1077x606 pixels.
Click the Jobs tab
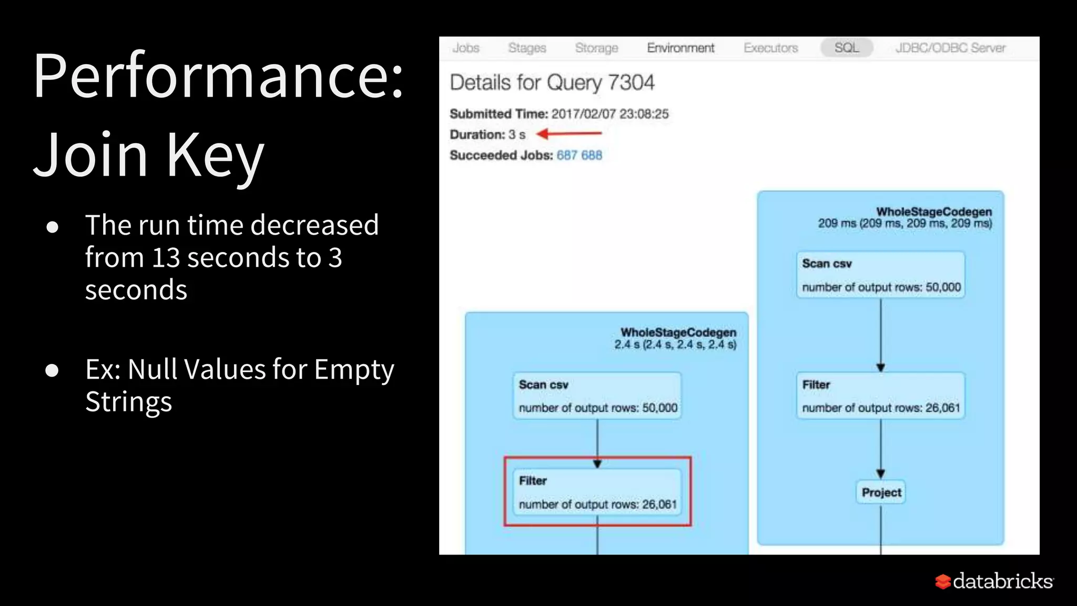coord(465,48)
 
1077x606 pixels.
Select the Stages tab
coord(527,48)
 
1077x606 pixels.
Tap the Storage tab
coord(596,48)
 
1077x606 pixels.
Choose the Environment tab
coord(680,48)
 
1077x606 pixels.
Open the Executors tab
coord(770,48)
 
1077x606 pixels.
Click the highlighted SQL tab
coord(847,48)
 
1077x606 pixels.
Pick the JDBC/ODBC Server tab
coord(950,48)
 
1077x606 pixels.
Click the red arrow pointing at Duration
coord(569,134)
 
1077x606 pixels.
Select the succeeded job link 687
coord(567,155)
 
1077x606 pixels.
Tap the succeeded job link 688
coord(592,155)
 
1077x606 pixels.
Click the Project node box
coord(881,492)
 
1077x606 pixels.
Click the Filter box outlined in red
coord(597,491)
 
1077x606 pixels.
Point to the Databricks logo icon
coord(942,581)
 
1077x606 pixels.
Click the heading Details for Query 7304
coord(552,83)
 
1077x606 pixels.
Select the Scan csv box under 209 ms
coord(880,275)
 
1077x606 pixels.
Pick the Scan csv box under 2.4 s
coord(597,396)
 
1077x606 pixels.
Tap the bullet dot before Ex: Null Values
coord(52,370)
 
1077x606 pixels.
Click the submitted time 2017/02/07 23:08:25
coord(610,114)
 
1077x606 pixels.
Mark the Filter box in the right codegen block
coord(880,396)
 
